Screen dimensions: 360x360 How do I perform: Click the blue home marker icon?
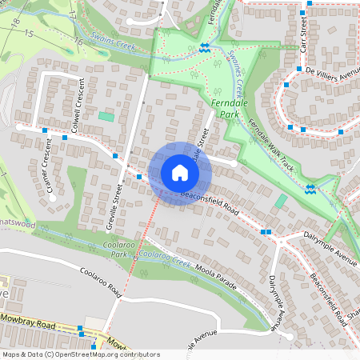(x=180, y=173)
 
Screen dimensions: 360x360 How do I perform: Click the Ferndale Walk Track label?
(x=272, y=145)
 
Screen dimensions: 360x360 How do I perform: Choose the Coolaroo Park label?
(x=119, y=250)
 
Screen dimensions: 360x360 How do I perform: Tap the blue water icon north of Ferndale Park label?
(x=204, y=48)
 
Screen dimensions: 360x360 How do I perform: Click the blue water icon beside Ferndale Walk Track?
(x=310, y=189)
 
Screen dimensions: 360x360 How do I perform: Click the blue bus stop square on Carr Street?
(x=302, y=13)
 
